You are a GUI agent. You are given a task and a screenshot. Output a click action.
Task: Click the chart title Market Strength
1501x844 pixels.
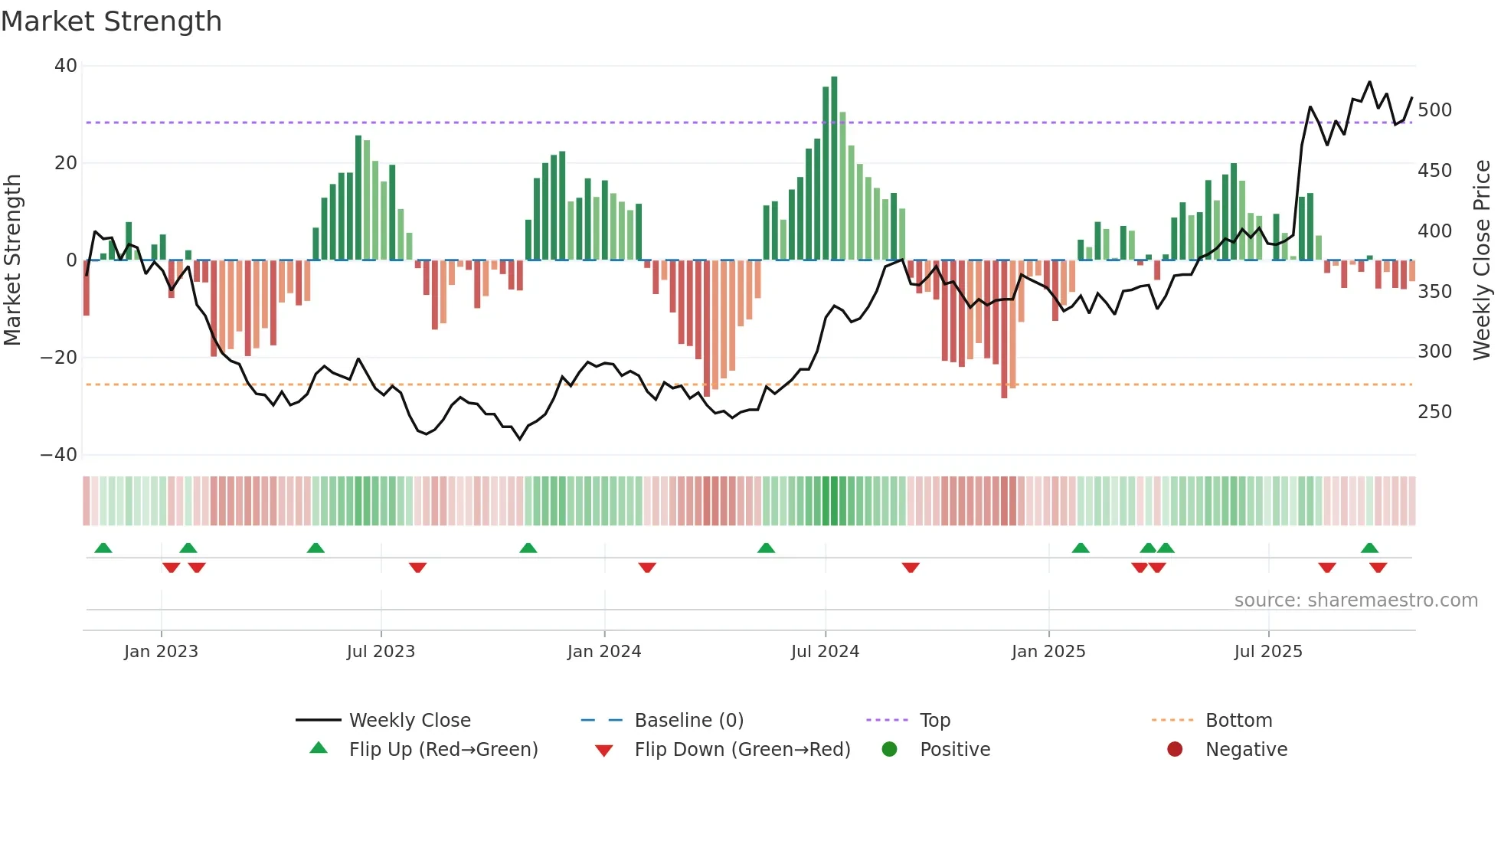[x=112, y=21]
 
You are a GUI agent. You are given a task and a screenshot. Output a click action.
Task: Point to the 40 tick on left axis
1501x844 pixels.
[x=66, y=66]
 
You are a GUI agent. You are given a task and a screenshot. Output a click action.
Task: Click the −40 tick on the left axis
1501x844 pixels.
[x=60, y=455]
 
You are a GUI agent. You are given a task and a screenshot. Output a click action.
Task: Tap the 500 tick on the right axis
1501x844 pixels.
[x=1434, y=110]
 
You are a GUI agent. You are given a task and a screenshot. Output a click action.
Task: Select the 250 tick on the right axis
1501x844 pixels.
[x=1434, y=412]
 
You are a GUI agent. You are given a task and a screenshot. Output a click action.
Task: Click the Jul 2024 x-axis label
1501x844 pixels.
[x=825, y=652]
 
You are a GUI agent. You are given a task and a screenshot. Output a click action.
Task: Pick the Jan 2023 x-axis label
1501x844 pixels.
[x=161, y=652]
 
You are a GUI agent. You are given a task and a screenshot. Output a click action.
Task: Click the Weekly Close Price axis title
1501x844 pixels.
[x=1482, y=260]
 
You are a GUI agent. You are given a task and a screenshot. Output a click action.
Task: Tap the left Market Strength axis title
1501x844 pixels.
[x=13, y=260]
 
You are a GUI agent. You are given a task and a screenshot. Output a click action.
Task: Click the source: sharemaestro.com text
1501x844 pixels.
[x=1355, y=600]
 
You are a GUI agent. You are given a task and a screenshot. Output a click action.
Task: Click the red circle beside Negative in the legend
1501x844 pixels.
[x=1175, y=750]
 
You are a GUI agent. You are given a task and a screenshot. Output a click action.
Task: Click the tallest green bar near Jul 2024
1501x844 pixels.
[x=834, y=168]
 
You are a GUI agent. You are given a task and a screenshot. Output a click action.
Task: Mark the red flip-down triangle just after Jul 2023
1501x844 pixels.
[x=417, y=568]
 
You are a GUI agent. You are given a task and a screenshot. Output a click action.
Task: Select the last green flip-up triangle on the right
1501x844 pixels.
[x=1369, y=548]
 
